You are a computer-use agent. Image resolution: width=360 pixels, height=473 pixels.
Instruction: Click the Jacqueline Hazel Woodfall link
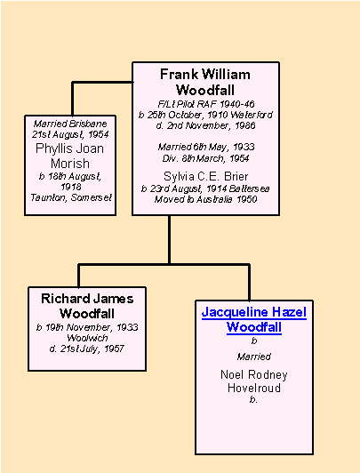pos(254,319)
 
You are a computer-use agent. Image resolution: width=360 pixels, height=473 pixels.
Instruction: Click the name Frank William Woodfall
pos(205,82)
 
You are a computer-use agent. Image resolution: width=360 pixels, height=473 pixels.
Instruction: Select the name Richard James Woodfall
pos(87,306)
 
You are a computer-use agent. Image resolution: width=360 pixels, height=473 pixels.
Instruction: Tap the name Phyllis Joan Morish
pos(70,156)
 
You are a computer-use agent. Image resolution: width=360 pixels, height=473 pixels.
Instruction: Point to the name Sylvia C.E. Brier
pos(206,176)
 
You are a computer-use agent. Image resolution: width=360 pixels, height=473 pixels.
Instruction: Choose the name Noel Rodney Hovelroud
pos(254,381)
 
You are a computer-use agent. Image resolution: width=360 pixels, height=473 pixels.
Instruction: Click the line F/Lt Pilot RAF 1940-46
pos(206,104)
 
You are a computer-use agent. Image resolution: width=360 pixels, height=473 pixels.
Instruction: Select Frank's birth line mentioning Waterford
pos(205,115)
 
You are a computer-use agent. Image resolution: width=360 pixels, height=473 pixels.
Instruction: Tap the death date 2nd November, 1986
pos(206,125)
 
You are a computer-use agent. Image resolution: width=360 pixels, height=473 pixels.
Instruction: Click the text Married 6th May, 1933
pos(206,147)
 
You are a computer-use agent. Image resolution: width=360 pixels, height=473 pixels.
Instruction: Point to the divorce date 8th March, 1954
pos(215,158)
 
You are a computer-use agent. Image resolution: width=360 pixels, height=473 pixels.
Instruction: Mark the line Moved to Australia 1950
pos(205,199)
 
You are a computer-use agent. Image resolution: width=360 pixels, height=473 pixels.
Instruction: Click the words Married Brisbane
pos(70,124)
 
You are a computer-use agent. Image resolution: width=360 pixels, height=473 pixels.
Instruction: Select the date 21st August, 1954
pos(70,134)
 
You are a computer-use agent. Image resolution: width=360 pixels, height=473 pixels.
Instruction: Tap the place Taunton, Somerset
pos(71,197)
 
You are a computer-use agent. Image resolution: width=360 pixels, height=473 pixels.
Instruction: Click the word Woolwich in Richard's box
pos(87,338)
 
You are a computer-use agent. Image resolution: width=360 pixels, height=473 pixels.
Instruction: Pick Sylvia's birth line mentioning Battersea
pos(205,188)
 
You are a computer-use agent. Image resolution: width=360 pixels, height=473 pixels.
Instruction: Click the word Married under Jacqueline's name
pos(254,357)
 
